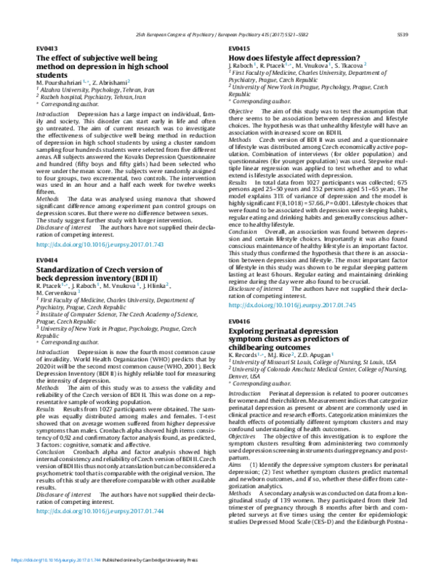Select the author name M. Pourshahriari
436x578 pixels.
[60, 82]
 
